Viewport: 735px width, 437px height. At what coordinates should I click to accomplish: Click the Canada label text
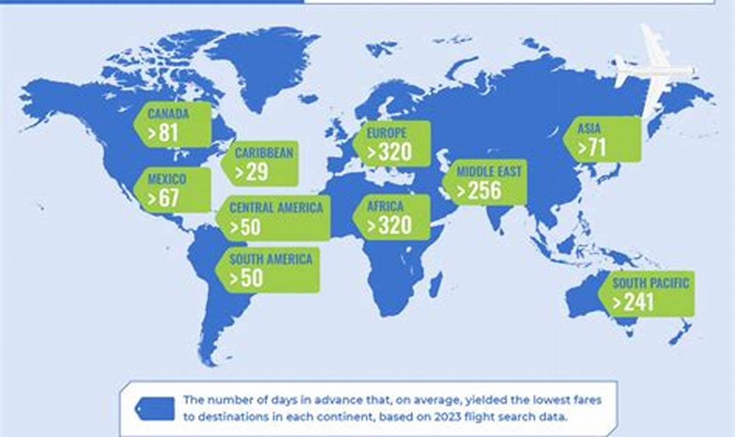168,113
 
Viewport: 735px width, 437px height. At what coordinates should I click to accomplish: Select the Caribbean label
264,153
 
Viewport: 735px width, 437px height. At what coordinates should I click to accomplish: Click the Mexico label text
167,179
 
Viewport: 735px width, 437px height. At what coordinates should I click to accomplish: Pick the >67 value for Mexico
163,198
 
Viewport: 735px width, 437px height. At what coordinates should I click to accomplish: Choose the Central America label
276,207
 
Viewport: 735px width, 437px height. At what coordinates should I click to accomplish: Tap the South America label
271,259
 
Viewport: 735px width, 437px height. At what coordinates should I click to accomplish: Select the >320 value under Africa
390,226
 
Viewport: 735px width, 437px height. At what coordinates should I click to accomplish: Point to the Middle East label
489,171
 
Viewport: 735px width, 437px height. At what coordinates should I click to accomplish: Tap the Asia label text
589,128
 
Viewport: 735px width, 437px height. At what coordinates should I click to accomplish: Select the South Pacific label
650,283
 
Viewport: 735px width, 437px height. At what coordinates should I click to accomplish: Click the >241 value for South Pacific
632,302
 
